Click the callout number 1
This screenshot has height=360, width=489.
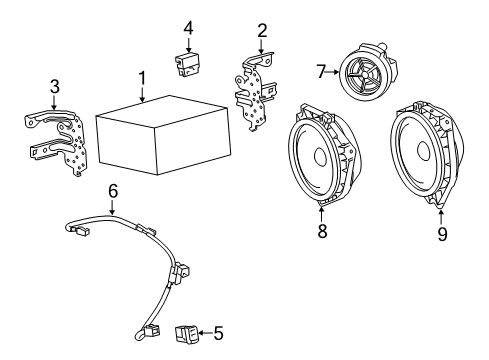pos(142,77)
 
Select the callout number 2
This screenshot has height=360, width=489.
pos(261,30)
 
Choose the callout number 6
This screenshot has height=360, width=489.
pos(113,190)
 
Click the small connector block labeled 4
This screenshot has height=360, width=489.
pos(187,64)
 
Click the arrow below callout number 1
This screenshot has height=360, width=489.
pos(142,95)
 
